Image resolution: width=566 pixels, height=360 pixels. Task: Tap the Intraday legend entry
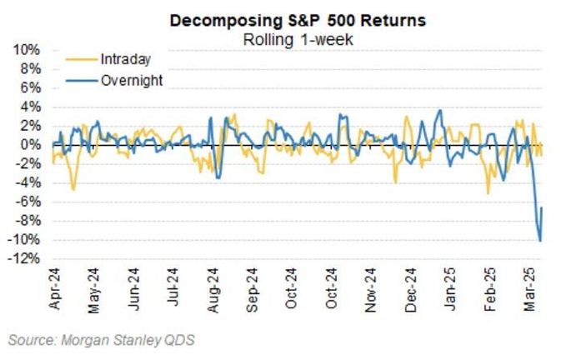tap(125, 59)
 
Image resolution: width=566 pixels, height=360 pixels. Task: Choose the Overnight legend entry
tap(131, 80)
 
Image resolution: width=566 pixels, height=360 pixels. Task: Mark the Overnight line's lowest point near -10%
tap(540, 241)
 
